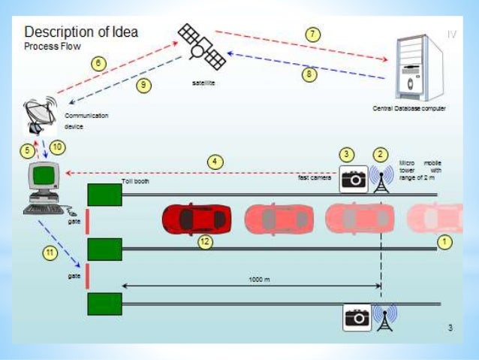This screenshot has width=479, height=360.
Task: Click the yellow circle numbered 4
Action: click(x=215, y=162)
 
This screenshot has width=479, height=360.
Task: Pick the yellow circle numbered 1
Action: click(x=444, y=242)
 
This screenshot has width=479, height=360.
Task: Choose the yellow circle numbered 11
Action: click(x=50, y=253)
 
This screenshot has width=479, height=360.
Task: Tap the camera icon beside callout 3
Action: click(x=354, y=179)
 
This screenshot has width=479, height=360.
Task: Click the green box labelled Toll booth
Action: click(x=104, y=195)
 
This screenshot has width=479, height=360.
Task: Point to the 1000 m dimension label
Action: click(x=260, y=278)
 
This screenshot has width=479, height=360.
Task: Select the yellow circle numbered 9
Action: click(x=143, y=85)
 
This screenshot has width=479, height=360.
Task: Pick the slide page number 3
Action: click(x=450, y=327)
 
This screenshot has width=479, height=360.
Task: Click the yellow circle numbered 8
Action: click(x=309, y=74)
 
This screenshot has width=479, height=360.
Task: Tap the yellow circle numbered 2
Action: click(x=381, y=154)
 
